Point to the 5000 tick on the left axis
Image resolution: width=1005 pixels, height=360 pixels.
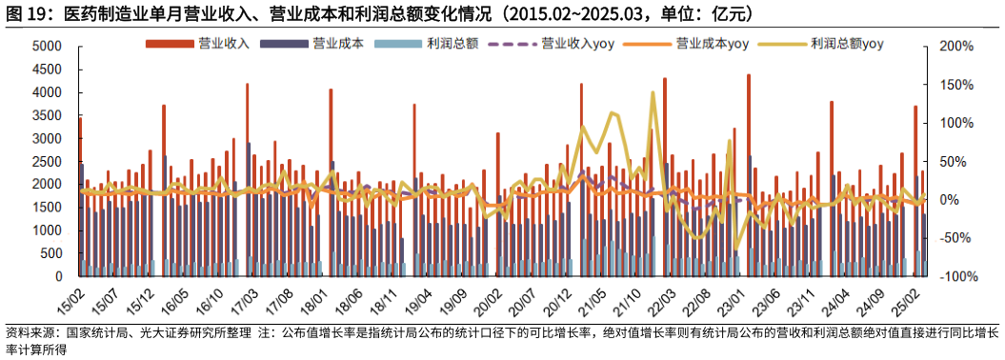pyautogui.click(x=47, y=47)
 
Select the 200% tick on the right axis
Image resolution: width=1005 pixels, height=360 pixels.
pyautogui.click(x=955, y=47)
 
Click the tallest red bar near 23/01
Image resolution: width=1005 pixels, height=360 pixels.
pyautogui.click(x=748, y=171)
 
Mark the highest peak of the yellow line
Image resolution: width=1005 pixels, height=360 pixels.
pyautogui.click(x=653, y=93)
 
